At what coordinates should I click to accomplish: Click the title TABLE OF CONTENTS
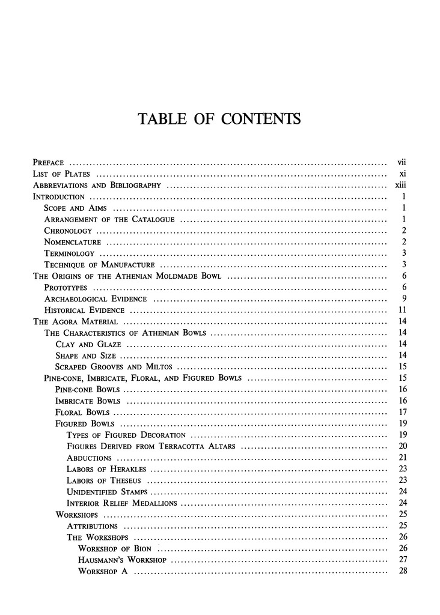click(x=219, y=120)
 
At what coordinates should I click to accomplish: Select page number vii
click(x=402, y=162)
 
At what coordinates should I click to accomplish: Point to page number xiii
click(x=402, y=185)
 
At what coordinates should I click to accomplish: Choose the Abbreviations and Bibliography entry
click(x=96, y=185)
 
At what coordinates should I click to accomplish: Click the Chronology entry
click(x=68, y=231)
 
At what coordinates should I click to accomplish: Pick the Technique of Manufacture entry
click(x=100, y=265)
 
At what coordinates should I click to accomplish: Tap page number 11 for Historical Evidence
click(x=403, y=311)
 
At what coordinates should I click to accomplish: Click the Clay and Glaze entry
click(x=88, y=345)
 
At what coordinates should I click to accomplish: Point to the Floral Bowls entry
click(x=82, y=413)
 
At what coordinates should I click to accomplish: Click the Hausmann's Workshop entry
click(x=122, y=560)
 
